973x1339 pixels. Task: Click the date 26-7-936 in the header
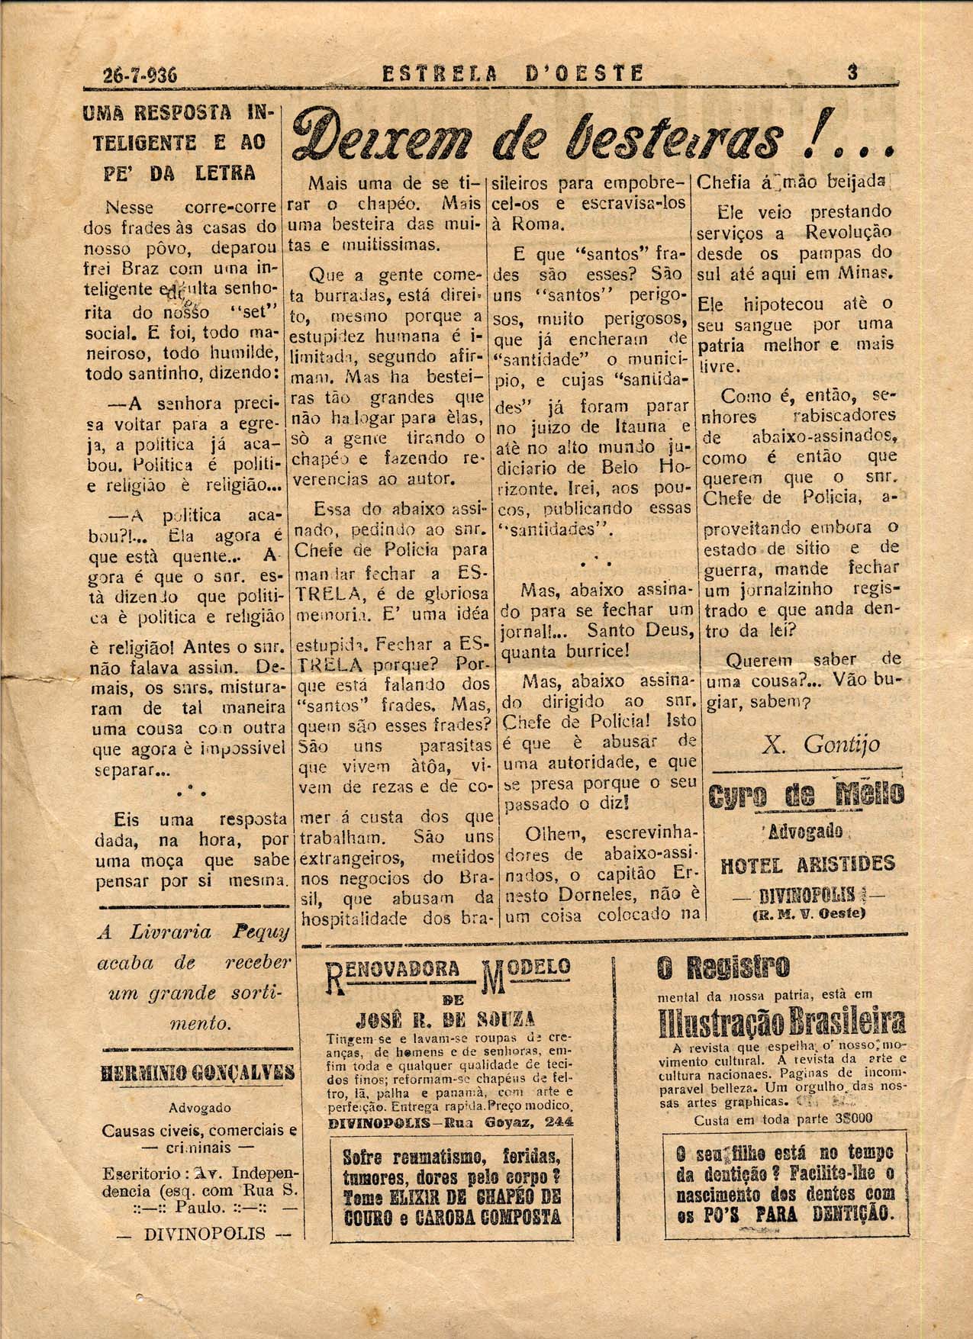[140, 75]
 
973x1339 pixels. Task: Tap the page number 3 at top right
[852, 72]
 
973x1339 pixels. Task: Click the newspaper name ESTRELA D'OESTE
[513, 74]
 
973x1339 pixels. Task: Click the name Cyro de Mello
[806, 795]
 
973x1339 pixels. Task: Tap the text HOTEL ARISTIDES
[807, 864]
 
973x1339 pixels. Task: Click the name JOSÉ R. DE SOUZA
[447, 1020]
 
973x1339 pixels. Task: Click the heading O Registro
[712, 969]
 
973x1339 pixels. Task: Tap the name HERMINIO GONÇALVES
[198, 1073]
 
